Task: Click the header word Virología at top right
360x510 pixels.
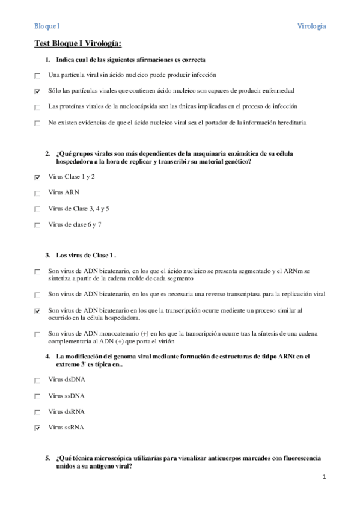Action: click(x=312, y=26)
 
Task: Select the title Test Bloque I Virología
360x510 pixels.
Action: click(x=78, y=44)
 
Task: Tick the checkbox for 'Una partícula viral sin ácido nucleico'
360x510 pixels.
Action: click(x=38, y=76)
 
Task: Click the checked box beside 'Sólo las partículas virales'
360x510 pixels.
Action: click(x=38, y=91)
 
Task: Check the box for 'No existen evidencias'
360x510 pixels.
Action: click(x=38, y=123)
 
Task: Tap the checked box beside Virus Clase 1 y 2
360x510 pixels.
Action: click(x=38, y=177)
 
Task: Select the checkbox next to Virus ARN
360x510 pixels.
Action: click(x=38, y=193)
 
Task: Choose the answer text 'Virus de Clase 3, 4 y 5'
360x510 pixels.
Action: click(x=79, y=209)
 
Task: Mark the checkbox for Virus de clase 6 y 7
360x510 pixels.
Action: click(x=38, y=225)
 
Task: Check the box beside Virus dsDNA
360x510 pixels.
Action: click(x=38, y=380)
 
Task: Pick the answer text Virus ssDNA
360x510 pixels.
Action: click(x=66, y=396)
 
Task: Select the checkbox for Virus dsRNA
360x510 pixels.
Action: click(x=38, y=412)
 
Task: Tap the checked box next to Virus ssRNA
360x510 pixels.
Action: click(x=38, y=428)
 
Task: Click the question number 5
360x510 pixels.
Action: click(x=47, y=458)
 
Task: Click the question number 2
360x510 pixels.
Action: click(x=47, y=154)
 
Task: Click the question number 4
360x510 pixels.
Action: click(x=47, y=357)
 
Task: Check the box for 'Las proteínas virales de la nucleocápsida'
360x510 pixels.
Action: click(x=38, y=107)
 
